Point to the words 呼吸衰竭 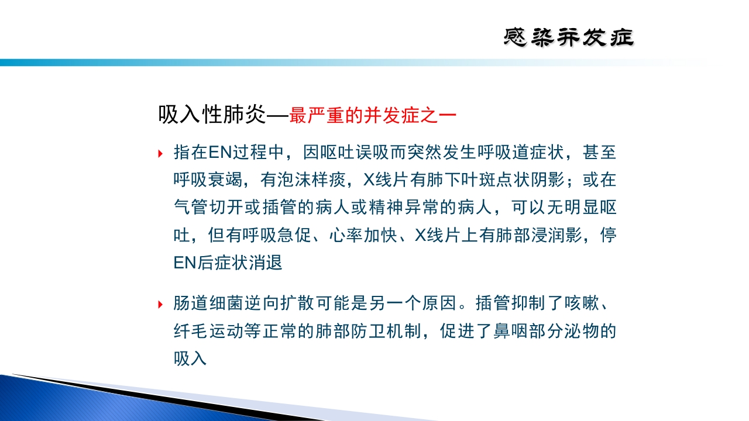tap(207, 181)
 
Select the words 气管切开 tap(207, 208)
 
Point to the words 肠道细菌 tap(207, 304)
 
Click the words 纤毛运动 tap(207, 332)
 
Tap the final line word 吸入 tap(191, 358)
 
